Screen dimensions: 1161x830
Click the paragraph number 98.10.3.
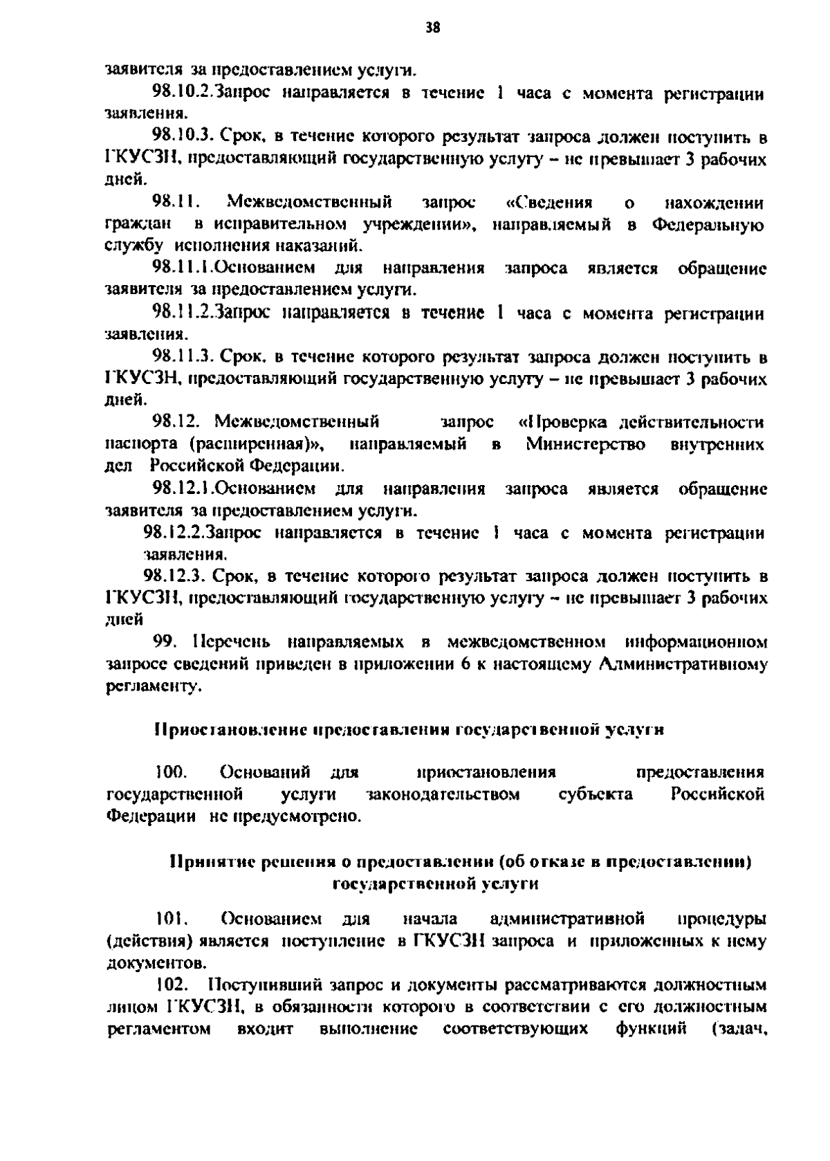tap(183, 138)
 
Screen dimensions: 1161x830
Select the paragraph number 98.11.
tap(176, 203)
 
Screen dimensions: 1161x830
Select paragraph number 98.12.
tap(177, 422)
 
